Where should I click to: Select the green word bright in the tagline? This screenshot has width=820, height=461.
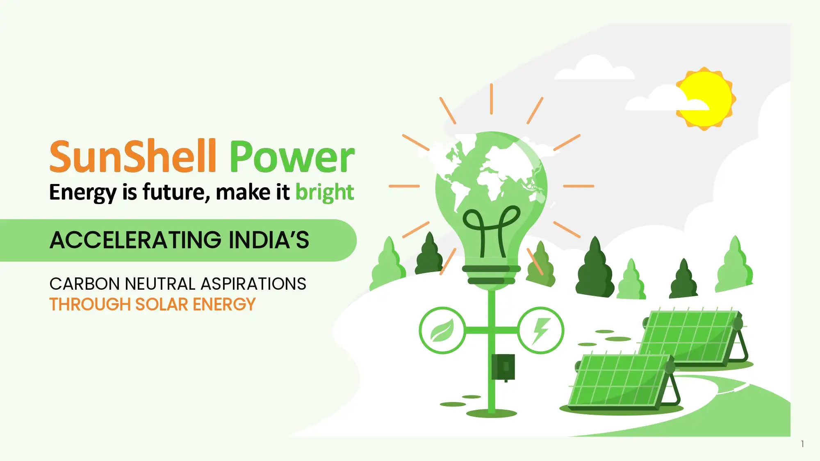tap(325, 192)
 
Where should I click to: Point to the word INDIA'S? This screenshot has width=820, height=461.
tap(269, 240)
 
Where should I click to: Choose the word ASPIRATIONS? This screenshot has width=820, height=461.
tap(253, 284)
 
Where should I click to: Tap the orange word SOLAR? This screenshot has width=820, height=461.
tap(162, 304)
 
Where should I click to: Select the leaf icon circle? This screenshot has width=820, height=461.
tap(442, 330)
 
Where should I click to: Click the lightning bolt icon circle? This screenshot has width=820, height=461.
tap(541, 330)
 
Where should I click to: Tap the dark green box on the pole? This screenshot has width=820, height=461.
tap(503, 367)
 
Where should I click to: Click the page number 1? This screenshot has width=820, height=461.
tap(802, 444)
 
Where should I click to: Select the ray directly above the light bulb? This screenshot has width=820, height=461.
tap(491, 99)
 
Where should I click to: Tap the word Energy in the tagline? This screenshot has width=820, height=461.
tap(83, 193)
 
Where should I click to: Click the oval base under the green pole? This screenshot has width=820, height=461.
tap(492, 413)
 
